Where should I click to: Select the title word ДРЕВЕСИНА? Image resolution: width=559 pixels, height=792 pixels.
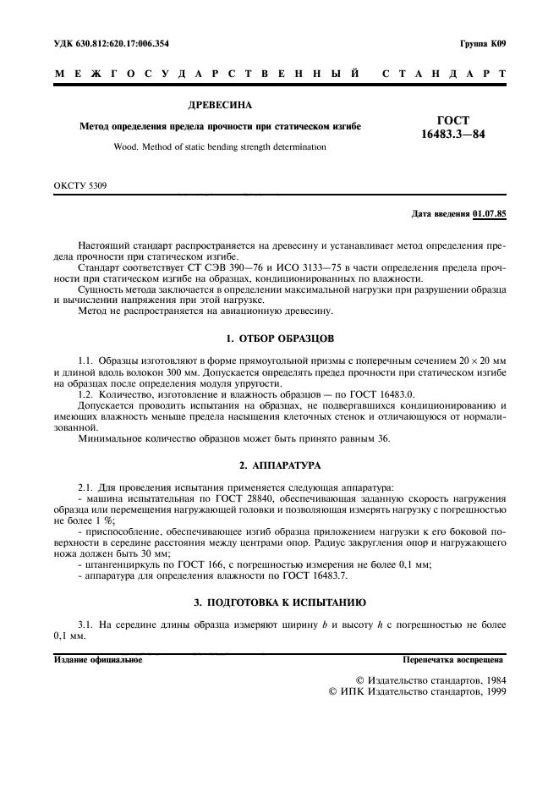219,106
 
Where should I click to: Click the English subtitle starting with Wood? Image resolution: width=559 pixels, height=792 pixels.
219,146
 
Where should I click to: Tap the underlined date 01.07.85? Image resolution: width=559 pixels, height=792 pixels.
490,214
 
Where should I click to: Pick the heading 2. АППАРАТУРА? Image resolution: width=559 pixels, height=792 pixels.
278,466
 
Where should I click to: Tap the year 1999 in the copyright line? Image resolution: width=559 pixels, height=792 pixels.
490,690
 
